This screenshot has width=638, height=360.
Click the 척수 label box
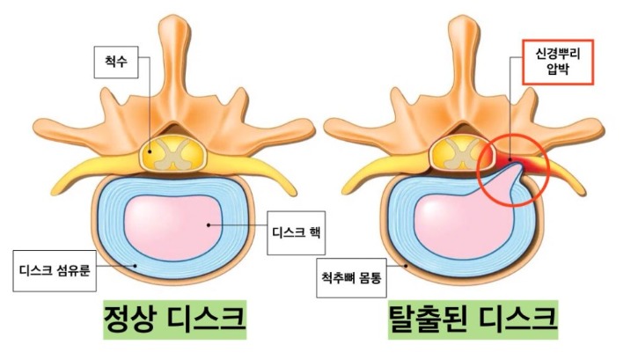click(x=116, y=62)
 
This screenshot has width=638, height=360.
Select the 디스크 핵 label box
click(x=297, y=232)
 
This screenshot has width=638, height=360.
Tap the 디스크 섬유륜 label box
click(x=55, y=270)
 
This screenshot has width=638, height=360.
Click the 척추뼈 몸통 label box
click(x=351, y=278)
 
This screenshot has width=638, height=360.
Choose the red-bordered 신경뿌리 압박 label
click(x=558, y=62)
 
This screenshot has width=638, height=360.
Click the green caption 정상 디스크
click(x=174, y=320)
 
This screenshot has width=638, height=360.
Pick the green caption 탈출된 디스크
click(x=473, y=320)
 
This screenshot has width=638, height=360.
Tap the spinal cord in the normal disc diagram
click(x=173, y=153)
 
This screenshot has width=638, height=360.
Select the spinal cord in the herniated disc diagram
click(x=462, y=153)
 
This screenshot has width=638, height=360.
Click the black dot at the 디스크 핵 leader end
click(x=209, y=224)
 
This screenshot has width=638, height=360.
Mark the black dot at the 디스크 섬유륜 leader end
click(x=136, y=266)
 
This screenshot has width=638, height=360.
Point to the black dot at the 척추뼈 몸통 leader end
click(x=406, y=266)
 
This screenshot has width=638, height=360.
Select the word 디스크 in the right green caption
click(x=517, y=320)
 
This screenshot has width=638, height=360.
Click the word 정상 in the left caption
click(x=129, y=320)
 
